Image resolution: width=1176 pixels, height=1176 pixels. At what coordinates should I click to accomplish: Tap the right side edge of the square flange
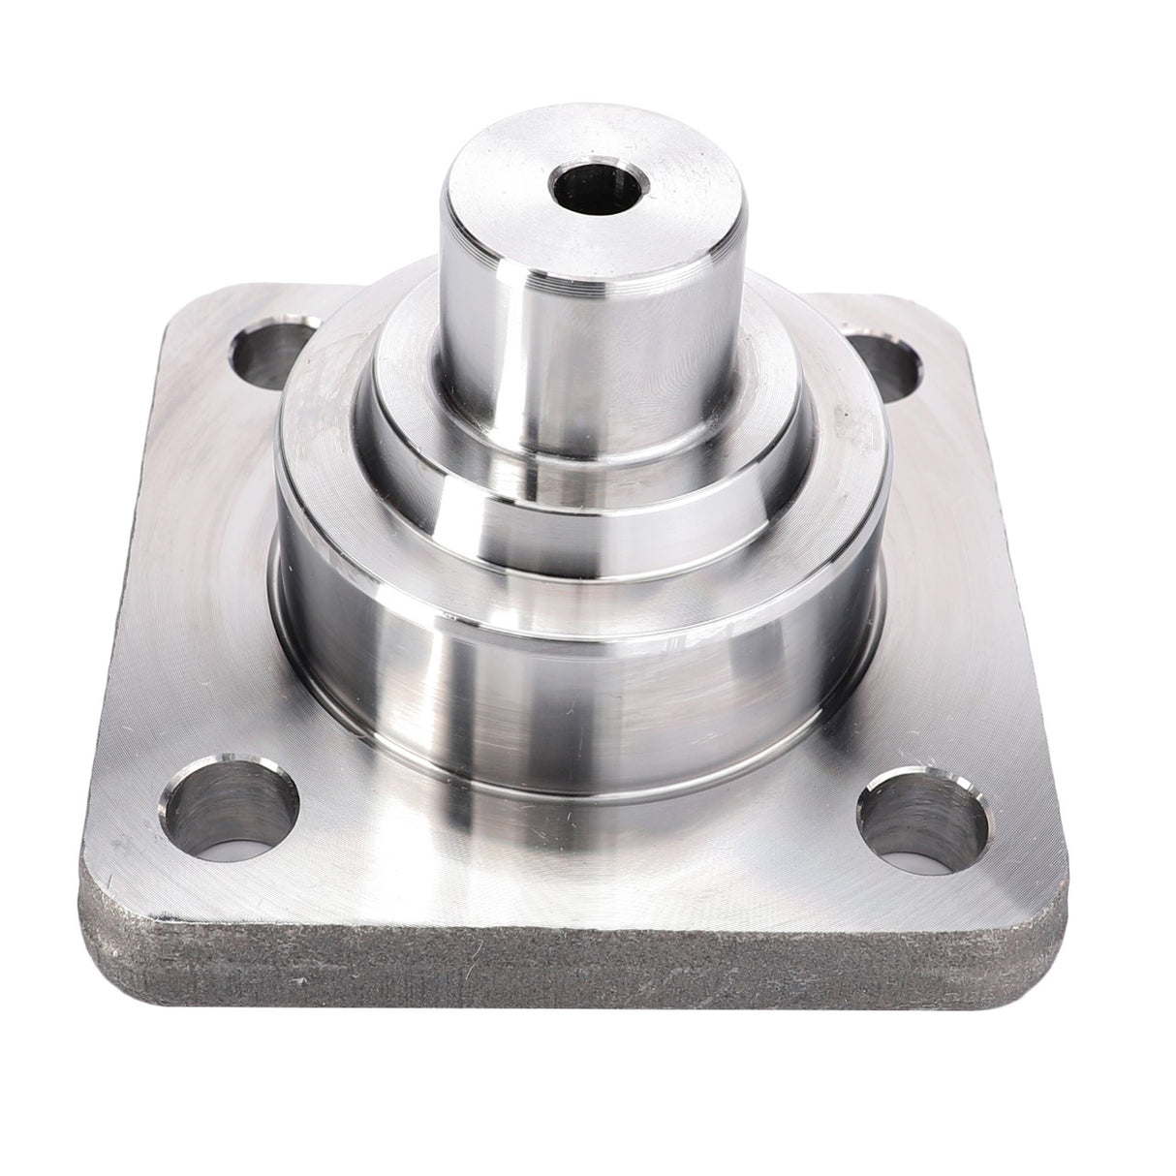pyautogui.click(x=1037, y=601)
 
